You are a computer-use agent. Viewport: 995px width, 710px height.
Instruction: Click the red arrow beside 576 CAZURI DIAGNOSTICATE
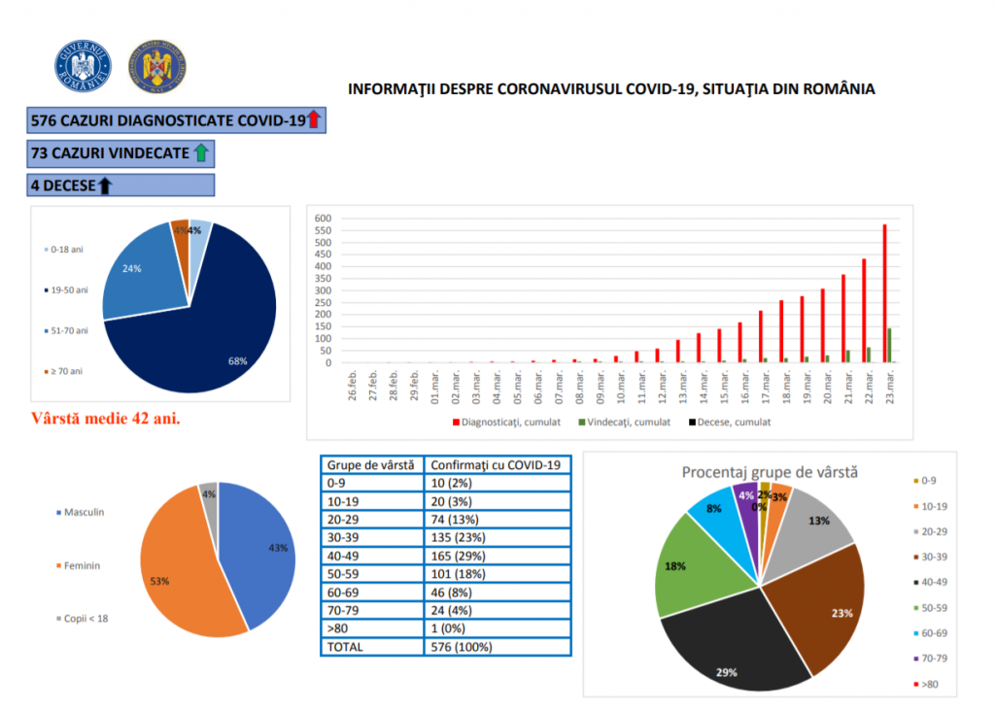pos(314,120)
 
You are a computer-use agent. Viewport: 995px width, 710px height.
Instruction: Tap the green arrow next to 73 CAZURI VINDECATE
pos(201,152)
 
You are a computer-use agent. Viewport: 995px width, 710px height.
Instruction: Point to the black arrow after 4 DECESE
pos(105,185)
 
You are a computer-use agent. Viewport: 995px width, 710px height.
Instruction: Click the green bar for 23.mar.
pos(890,346)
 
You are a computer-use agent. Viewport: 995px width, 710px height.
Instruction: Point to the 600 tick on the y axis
pos(324,219)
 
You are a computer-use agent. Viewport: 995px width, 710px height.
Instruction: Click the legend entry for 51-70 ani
pos(68,331)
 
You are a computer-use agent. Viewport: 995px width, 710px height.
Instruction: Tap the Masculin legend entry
pos(83,512)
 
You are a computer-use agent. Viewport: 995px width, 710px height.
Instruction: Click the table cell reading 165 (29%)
pos(456,556)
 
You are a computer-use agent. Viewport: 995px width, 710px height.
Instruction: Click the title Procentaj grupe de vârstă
pos(770,472)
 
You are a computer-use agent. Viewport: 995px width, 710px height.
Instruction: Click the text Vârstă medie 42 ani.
pos(107,420)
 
